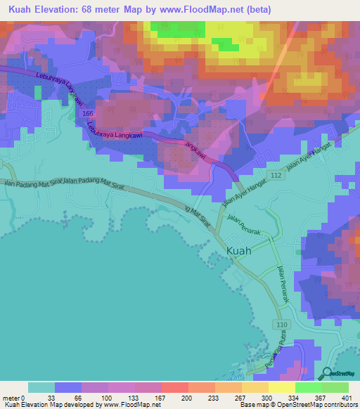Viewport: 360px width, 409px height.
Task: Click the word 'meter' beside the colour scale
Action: pos(12,397)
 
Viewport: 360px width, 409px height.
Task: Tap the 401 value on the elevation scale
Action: pos(347,397)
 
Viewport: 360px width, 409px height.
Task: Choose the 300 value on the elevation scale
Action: pos(267,397)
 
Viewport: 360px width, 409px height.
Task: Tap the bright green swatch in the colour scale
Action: pos(308,387)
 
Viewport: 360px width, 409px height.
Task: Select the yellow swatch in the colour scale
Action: pos(281,387)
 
